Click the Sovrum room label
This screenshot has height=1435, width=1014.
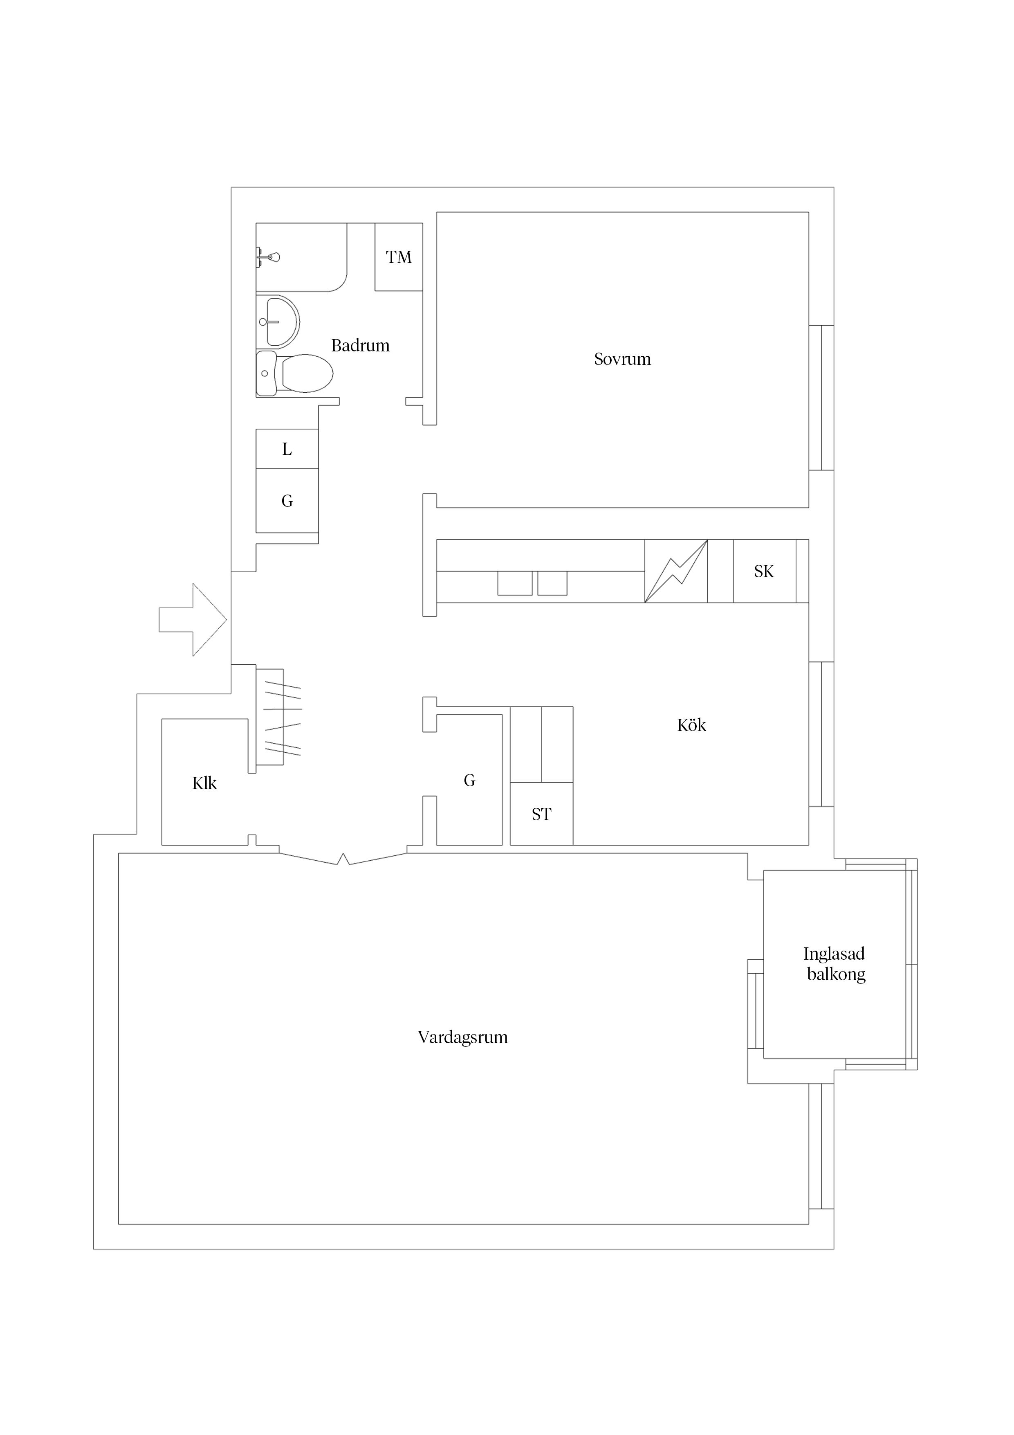(x=622, y=360)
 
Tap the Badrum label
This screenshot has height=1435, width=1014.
(x=361, y=346)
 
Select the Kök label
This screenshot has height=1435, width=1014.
(x=692, y=725)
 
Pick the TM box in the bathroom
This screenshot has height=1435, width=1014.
(x=399, y=257)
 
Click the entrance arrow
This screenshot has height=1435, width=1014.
(x=193, y=620)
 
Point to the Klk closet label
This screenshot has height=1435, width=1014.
(x=204, y=783)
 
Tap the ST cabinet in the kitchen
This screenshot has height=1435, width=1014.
(x=542, y=814)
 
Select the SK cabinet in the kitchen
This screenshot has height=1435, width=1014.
(x=764, y=571)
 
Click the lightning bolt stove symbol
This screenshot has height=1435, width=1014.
(x=676, y=571)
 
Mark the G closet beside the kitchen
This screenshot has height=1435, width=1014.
(x=469, y=780)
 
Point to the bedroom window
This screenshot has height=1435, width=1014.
(x=821, y=398)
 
